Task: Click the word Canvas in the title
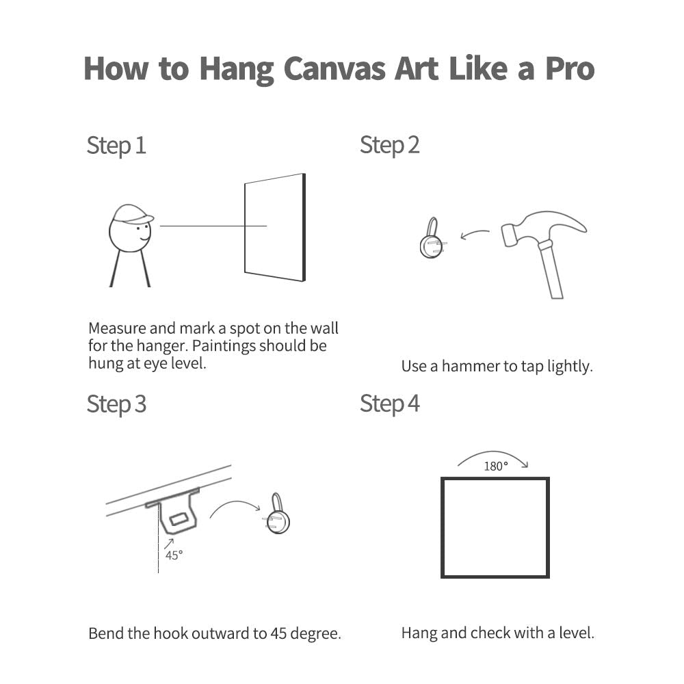click(x=334, y=69)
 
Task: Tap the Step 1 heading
click(x=116, y=146)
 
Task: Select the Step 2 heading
click(x=390, y=145)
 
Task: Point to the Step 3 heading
click(x=116, y=404)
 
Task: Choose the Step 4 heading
click(x=390, y=404)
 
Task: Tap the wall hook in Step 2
click(x=432, y=238)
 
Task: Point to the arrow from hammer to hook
click(x=475, y=233)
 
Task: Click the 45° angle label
click(x=174, y=555)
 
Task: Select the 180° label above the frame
click(x=496, y=466)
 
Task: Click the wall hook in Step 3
click(x=276, y=515)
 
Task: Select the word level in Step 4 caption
click(x=576, y=633)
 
